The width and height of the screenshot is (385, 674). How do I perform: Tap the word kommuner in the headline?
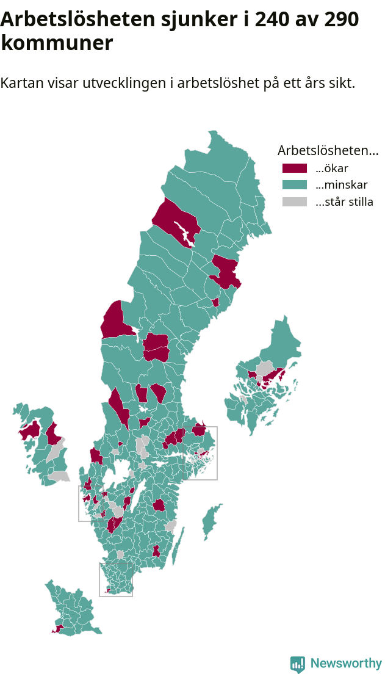pyautogui.click(x=57, y=43)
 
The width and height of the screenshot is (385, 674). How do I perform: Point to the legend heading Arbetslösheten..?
pyautogui.click(x=328, y=150)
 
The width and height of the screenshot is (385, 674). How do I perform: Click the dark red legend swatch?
pyautogui.click(x=295, y=168)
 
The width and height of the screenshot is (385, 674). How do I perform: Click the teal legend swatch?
pyautogui.click(x=295, y=185)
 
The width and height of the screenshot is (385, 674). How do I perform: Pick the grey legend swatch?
pyautogui.click(x=295, y=202)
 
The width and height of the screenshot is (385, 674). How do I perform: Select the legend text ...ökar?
pyautogui.click(x=332, y=168)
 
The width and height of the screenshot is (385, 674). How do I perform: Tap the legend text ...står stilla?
pyautogui.click(x=344, y=202)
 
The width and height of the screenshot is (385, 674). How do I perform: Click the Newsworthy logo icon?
pyautogui.click(x=297, y=664)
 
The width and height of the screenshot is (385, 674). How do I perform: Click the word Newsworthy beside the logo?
pyautogui.click(x=346, y=664)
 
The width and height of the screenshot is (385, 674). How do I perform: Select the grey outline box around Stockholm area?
pyautogui.click(x=217, y=452)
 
